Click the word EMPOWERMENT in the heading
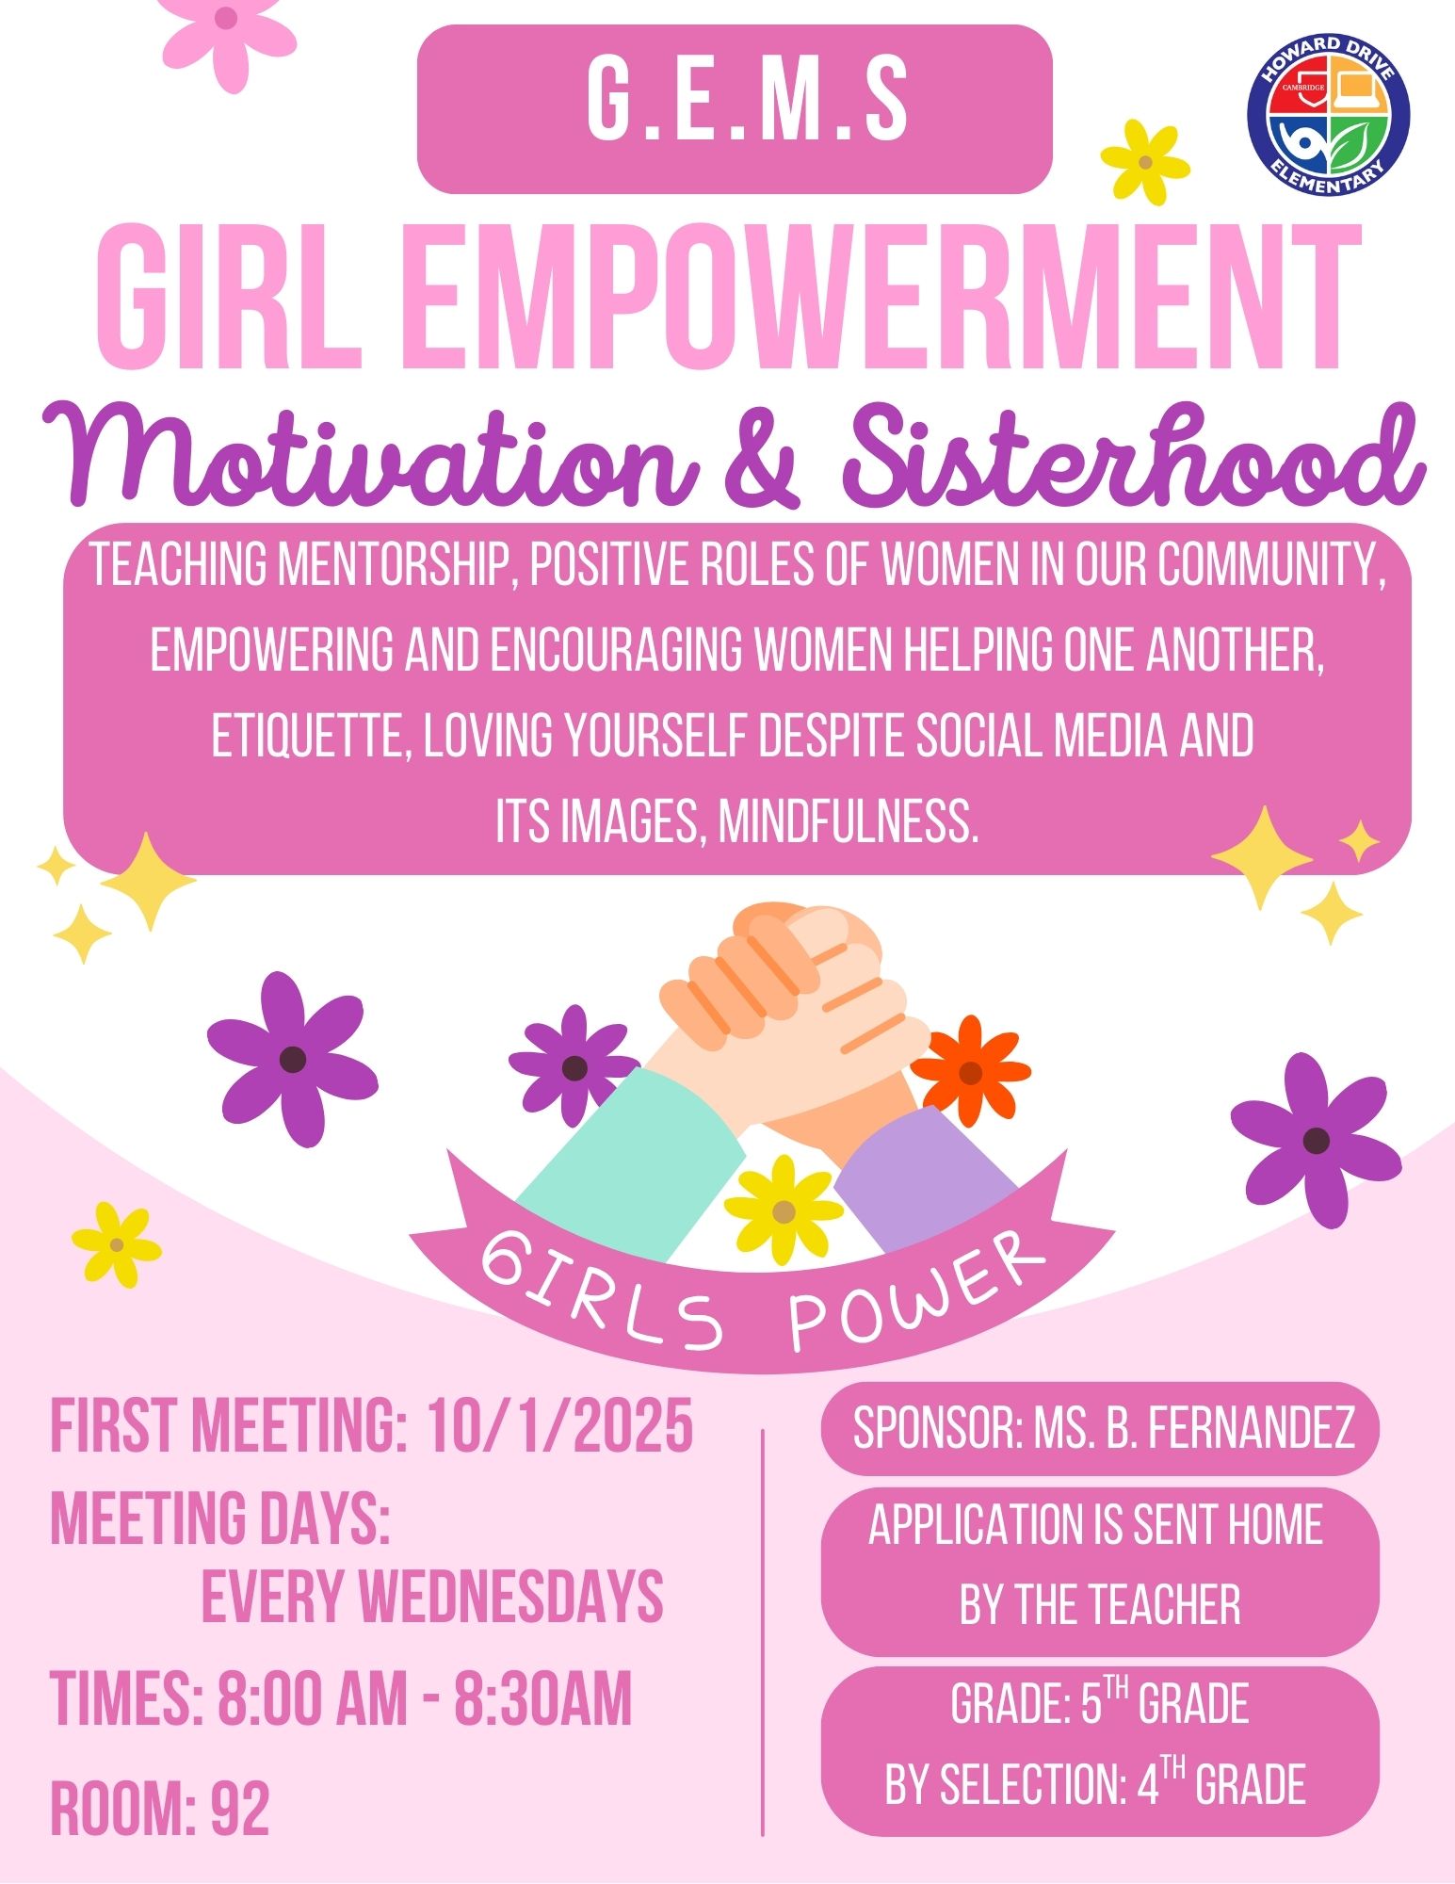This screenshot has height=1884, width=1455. click(x=887, y=299)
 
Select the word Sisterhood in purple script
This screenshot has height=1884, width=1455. click(x=1134, y=457)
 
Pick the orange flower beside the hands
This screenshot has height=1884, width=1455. click(x=970, y=1072)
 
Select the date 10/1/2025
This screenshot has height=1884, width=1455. click(x=560, y=1426)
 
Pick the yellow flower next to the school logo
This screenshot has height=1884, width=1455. click(x=1145, y=162)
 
